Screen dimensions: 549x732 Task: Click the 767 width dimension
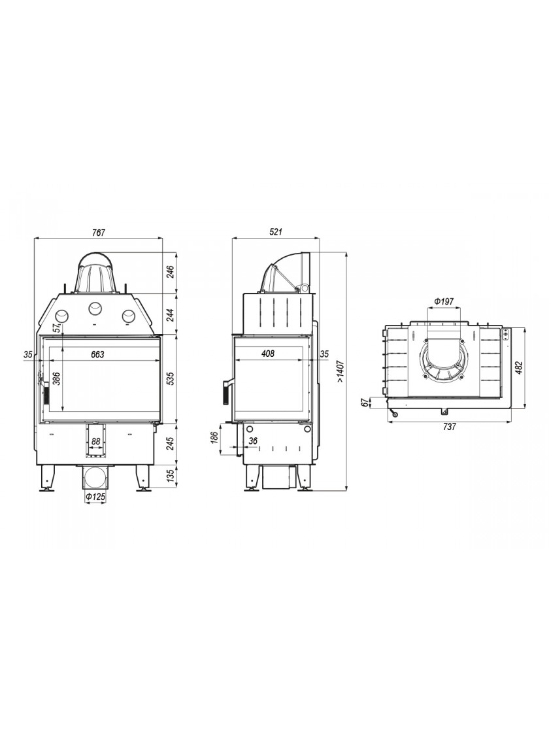[99, 232]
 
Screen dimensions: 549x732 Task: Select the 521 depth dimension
[276, 232]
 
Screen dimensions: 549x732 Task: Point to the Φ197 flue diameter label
[444, 301]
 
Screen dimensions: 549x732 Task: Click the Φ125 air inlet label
[95, 497]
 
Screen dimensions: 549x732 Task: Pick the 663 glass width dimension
[97, 354]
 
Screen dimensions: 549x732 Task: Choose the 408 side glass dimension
[268, 354]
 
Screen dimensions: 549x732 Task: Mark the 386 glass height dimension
[57, 378]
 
